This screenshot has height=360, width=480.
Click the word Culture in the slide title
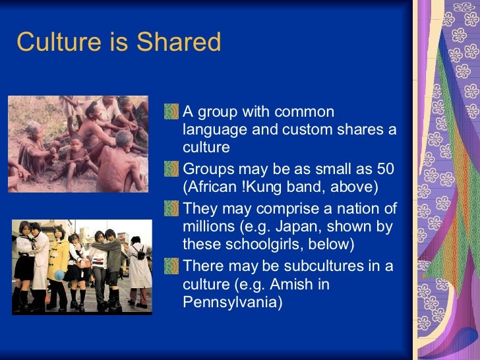53,42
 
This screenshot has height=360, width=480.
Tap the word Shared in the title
179,42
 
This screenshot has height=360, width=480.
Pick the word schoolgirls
276,245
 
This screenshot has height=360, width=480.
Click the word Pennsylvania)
233,303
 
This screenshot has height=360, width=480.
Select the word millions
211,227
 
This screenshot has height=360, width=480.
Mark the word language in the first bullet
214,129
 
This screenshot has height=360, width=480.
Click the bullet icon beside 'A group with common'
173,112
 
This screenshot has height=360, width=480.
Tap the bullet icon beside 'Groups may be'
173,169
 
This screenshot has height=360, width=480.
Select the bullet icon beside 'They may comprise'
173,209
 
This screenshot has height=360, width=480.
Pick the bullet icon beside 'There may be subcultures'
173,267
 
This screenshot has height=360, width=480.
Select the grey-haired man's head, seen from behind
124,139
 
